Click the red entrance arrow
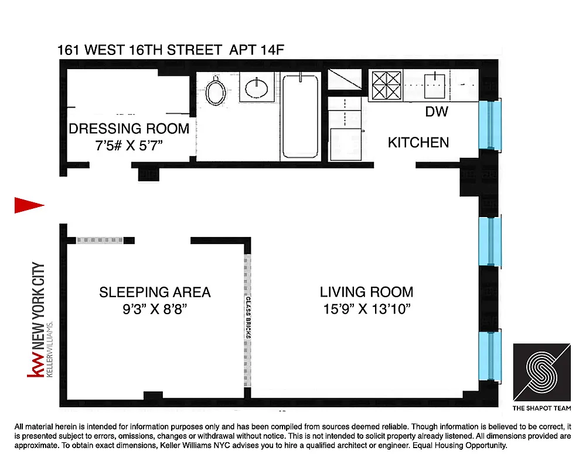point(28,204)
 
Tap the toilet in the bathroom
point(216,91)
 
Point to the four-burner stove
point(386,85)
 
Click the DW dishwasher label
point(437,112)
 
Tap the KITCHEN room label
point(418,142)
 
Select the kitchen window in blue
point(490,124)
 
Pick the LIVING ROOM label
point(366,292)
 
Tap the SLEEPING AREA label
point(155,292)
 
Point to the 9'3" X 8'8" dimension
point(155,309)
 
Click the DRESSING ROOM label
point(129,129)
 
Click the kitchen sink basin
point(435,85)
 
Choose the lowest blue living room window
point(490,355)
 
